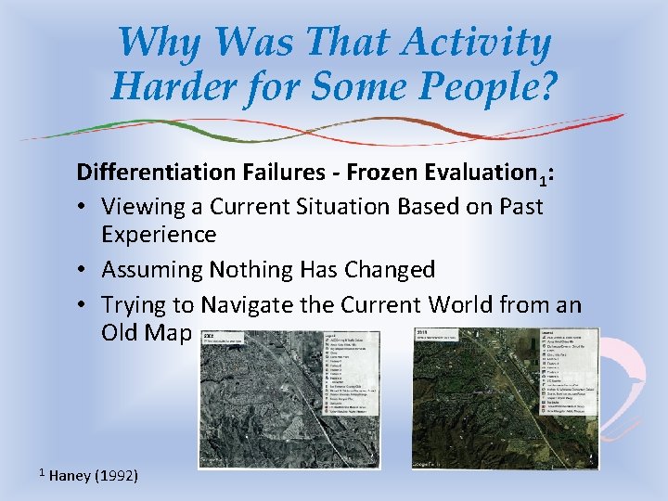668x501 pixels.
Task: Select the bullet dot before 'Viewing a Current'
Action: point(85,206)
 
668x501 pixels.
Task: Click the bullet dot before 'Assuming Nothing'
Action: point(85,270)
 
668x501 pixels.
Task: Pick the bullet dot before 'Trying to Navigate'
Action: point(85,304)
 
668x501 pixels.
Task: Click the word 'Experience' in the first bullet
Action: point(159,234)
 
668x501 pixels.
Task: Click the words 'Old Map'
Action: point(147,332)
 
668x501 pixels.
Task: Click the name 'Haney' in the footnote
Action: point(69,476)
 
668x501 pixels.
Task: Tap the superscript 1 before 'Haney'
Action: point(42,472)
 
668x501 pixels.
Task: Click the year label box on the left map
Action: point(222,339)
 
